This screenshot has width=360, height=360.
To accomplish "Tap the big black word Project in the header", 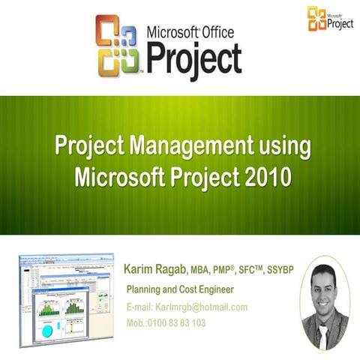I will tap(193, 57).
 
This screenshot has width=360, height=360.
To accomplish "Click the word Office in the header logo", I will tap(212, 32).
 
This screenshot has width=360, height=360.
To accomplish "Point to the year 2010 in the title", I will tap(265, 177).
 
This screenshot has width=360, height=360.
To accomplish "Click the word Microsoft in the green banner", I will tap(125, 177).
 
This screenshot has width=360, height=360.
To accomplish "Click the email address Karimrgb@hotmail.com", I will tap(200, 307).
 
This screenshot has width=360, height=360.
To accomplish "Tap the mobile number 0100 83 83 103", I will tap(178, 323).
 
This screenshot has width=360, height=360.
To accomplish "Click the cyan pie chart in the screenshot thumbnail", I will tap(47, 330).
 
